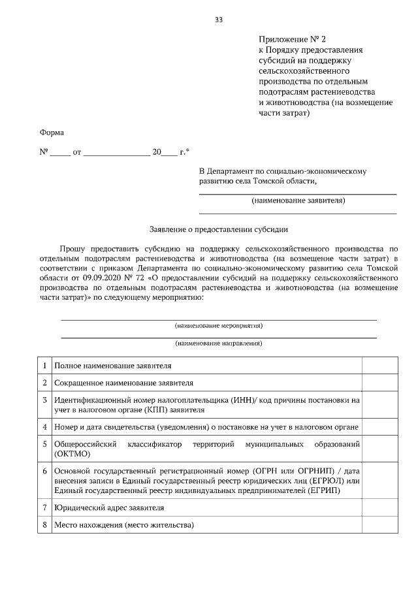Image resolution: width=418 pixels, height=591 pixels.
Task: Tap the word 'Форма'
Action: point(52,133)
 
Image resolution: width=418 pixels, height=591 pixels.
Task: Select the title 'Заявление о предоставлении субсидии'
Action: point(218,229)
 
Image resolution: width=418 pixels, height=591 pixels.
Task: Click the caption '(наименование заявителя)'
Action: point(298,200)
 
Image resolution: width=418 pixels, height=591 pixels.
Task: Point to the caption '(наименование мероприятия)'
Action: point(218,325)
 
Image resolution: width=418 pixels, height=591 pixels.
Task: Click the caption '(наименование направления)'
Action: point(218,343)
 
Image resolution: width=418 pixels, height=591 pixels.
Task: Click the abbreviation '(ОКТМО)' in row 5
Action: point(72,455)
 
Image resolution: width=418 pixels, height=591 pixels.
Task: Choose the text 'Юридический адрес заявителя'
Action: point(109,507)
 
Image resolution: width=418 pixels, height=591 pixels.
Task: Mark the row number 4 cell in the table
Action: point(44,427)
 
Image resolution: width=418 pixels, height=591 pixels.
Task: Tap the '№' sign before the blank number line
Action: point(44,152)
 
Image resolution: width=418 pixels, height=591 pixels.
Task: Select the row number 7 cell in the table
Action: point(44,507)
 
